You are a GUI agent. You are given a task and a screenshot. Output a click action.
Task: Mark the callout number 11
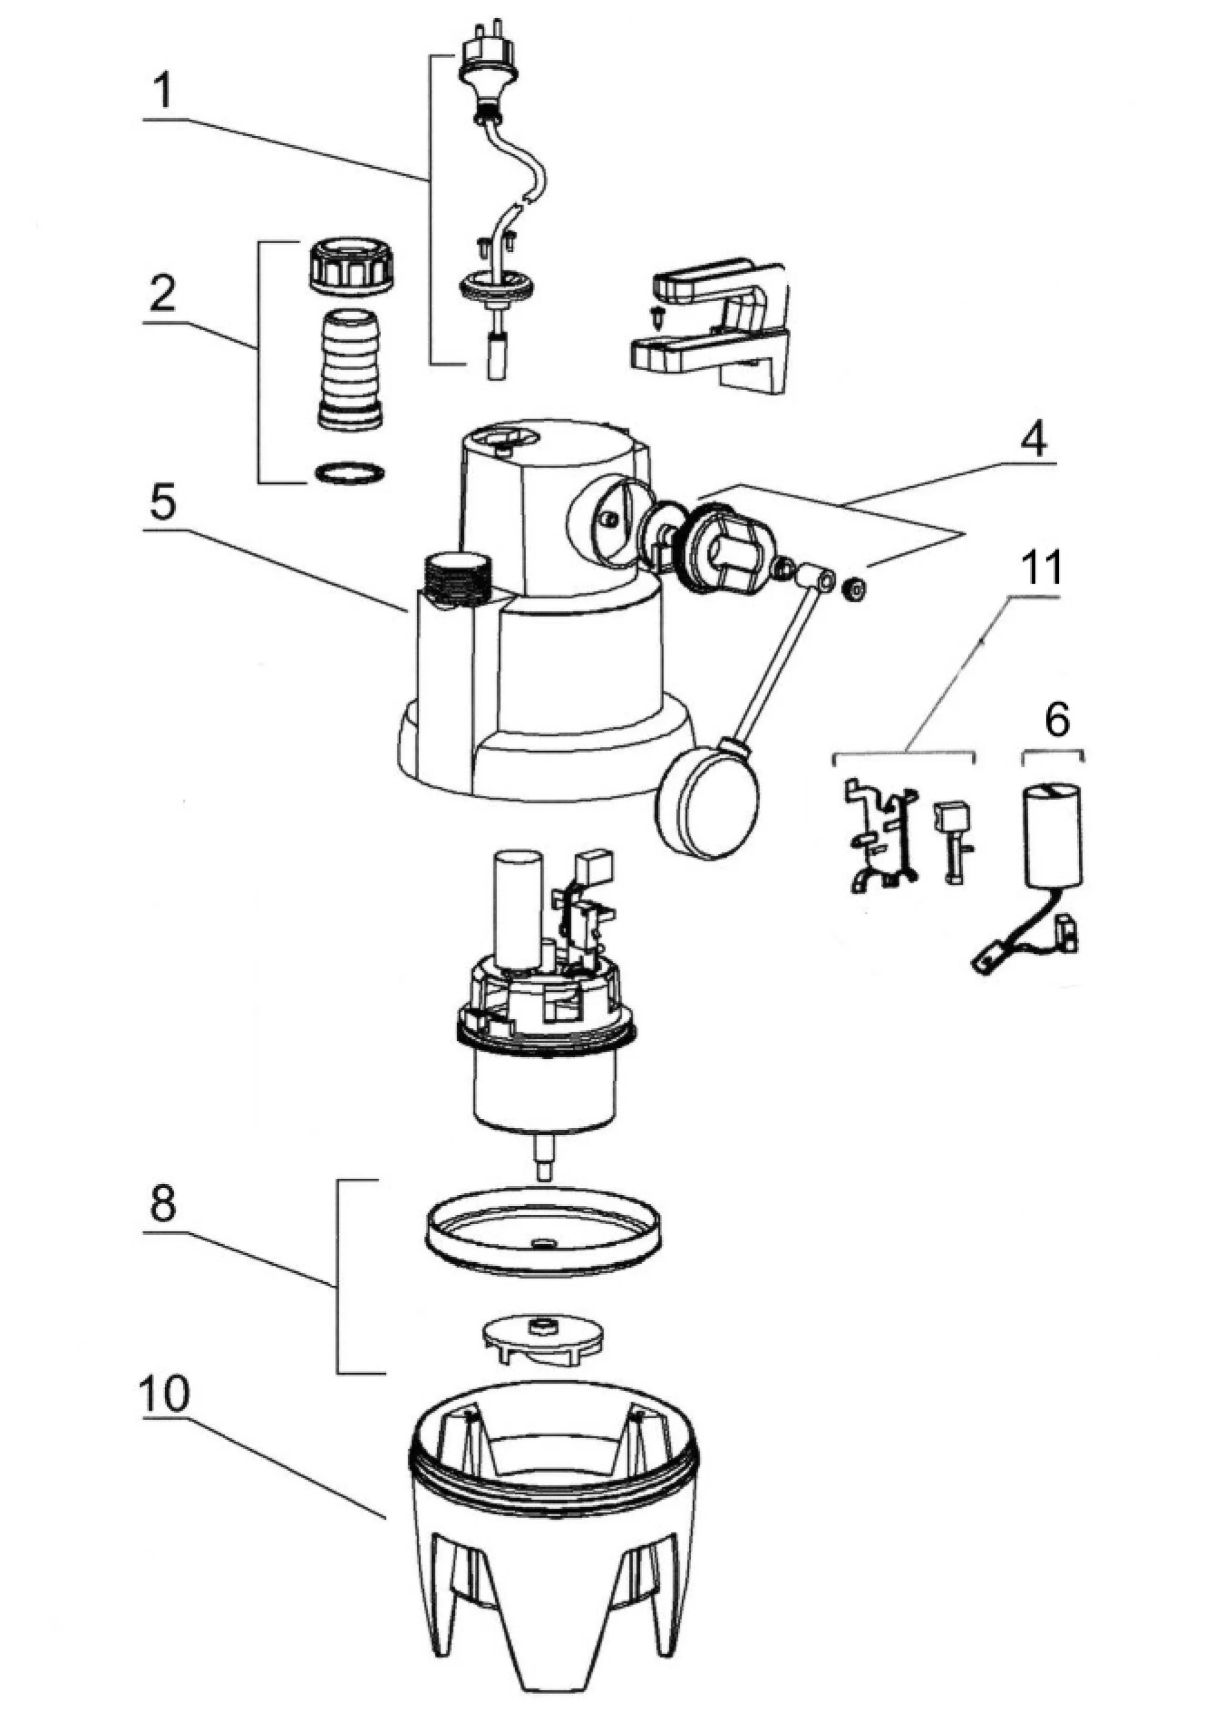point(1042,567)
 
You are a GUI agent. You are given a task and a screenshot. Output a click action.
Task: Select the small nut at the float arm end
point(853,588)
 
